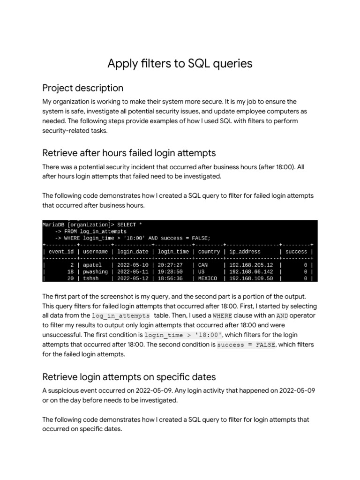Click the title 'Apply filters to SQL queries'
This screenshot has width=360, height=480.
point(180,63)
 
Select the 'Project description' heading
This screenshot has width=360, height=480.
point(82,88)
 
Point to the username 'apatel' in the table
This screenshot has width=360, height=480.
point(92,265)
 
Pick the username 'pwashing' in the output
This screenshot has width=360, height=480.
point(95,271)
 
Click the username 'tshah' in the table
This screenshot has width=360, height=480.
point(91,278)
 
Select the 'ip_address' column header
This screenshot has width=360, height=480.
point(245,252)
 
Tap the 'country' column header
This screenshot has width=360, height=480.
point(209,252)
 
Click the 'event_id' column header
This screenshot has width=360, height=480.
point(61,252)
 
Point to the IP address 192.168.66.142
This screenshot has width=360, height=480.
point(251,271)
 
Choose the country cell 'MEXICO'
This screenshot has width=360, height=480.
point(208,278)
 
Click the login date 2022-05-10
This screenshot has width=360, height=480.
point(133,265)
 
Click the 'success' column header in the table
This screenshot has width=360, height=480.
point(296,252)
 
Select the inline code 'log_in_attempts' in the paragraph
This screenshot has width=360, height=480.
point(121,315)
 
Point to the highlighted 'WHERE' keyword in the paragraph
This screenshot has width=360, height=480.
point(222,315)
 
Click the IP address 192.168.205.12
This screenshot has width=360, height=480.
point(251,265)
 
